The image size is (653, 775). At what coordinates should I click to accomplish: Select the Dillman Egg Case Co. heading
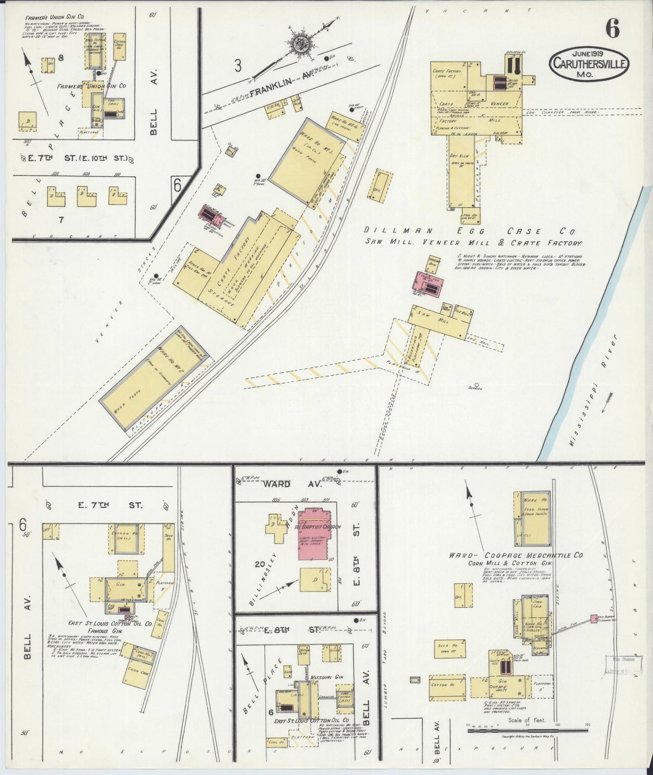(470, 231)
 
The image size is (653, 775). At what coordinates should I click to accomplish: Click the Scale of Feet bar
(527, 730)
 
